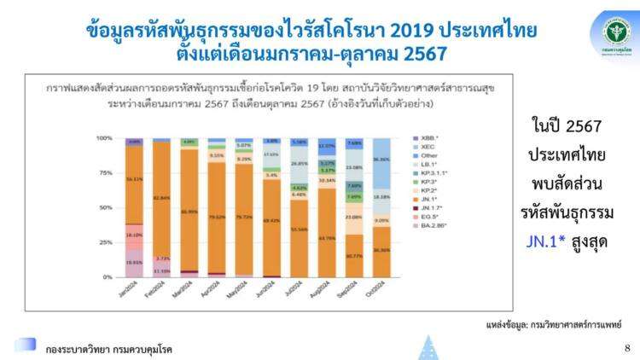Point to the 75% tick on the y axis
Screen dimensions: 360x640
(107, 172)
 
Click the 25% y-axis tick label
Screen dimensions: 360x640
(107, 242)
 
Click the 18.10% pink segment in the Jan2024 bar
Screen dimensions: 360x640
(134, 233)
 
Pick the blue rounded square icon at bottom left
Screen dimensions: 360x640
(26, 345)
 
